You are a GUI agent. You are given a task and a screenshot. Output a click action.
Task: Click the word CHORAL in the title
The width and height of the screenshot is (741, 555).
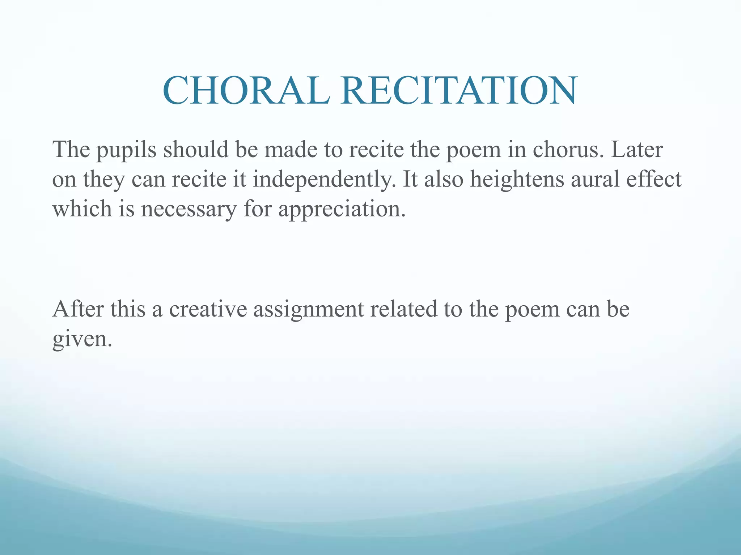coord(246,90)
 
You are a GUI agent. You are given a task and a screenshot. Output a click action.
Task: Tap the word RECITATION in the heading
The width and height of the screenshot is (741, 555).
coord(459,90)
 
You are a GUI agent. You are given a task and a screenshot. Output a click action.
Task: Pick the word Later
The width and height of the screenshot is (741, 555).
coord(637,149)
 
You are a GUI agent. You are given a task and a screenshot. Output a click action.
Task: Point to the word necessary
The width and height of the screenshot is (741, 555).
coord(189,210)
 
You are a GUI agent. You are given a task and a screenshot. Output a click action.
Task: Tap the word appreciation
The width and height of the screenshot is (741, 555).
coord(342,210)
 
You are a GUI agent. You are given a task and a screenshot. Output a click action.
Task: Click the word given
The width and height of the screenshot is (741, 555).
coord(82,339)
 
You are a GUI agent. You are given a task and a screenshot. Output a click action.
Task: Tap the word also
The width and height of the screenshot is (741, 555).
coord(444,180)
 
